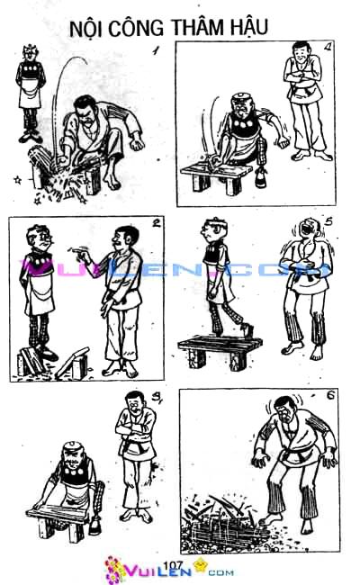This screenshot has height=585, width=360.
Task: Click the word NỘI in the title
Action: pos(86,30)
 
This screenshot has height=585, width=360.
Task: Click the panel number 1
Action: pos(155,52)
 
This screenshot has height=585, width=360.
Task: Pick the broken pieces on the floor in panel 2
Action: pos(67,364)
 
